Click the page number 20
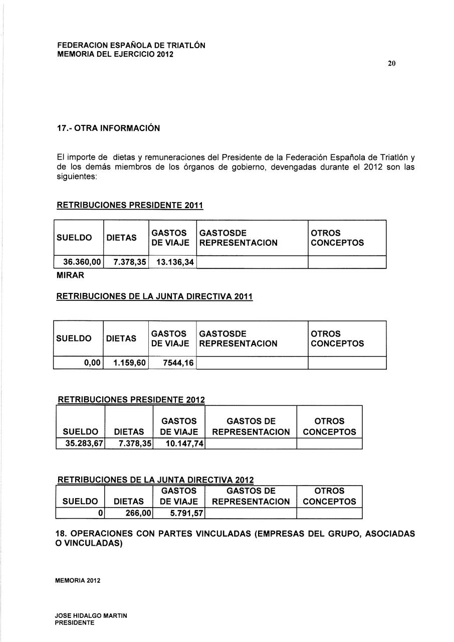pyautogui.click(x=392, y=63)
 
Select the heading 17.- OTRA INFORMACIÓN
pyautogui.click(x=108, y=128)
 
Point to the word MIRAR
pyautogui.click(x=71, y=275)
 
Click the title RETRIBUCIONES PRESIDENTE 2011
pyautogui.click(x=130, y=205)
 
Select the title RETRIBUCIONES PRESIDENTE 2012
pyautogui.click(x=132, y=400)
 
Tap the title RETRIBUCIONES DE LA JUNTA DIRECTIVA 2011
pyautogui.click(x=155, y=297)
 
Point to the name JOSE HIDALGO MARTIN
pyautogui.click(x=91, y=615)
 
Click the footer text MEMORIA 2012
pyautogui.click(x=78, y=580)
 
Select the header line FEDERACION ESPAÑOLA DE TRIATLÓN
pyautogui.click(x=131, y=45)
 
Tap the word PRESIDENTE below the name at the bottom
pyautogui.click(x=75, y=622)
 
